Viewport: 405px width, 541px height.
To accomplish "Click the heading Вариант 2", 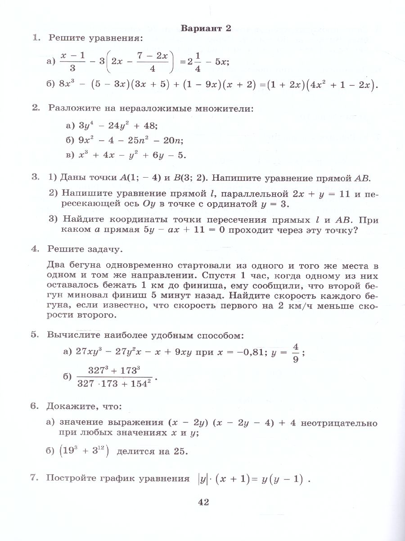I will pos(206,28).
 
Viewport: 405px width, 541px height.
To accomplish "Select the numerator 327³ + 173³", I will pos(114,371).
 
